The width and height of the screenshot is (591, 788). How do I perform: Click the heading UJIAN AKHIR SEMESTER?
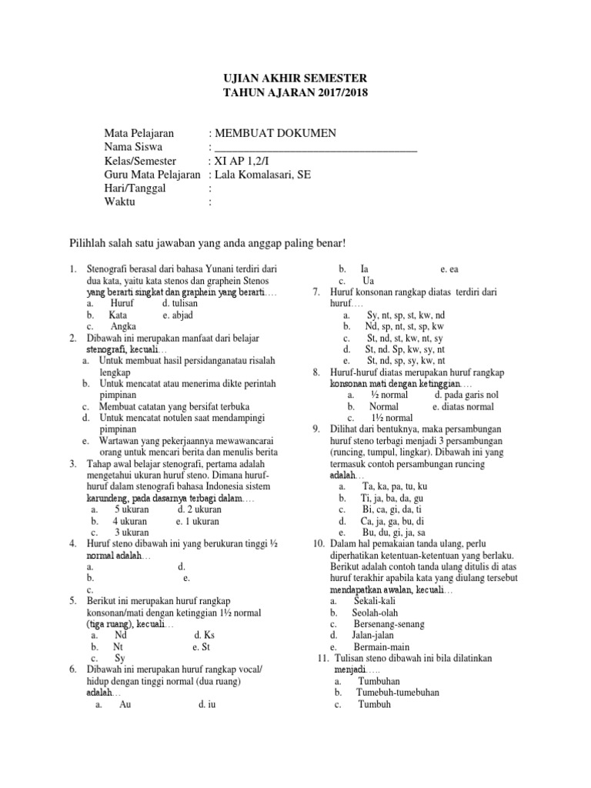point(295,78)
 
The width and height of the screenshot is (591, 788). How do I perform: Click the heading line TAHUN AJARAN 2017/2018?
point(295,93)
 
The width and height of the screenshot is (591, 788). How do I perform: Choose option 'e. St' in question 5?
point(202,647)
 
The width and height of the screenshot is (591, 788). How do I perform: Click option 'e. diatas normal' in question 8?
point(463,407)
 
